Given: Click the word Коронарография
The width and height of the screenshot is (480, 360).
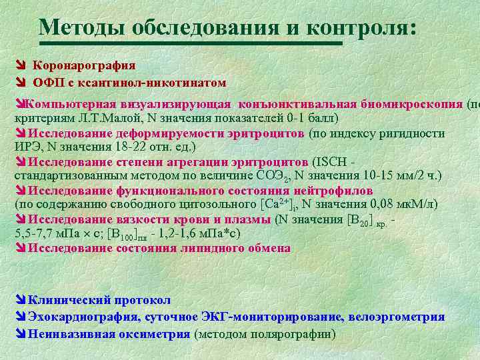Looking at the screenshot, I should [84, 65].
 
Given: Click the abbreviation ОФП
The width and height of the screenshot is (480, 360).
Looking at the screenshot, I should [48, 83].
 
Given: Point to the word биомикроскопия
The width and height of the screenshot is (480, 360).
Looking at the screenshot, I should [412, 104].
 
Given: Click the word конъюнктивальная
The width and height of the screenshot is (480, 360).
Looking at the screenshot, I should [295, 104].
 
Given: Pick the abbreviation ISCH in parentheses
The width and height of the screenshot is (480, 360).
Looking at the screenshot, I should [330, 162].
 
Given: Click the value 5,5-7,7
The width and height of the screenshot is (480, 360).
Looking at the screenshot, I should [37, 234].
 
